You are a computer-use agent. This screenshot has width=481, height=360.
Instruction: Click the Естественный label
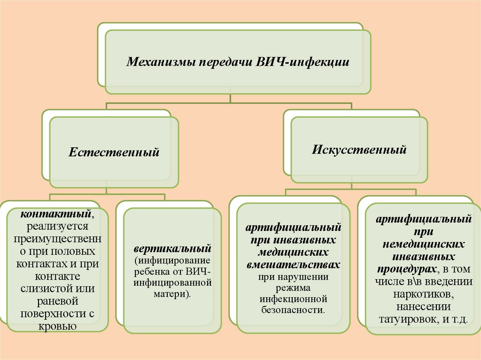tap(114, 153)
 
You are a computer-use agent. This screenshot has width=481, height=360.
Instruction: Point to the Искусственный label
tap(359, 150)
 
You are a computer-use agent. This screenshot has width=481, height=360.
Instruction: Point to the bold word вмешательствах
tap(294, 265)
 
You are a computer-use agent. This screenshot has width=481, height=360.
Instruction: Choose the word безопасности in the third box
tap(294, 310)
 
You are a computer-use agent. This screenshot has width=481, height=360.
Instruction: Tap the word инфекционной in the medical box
tap(294, 299)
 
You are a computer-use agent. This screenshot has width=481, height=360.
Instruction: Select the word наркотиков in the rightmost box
tap(423, 295)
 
